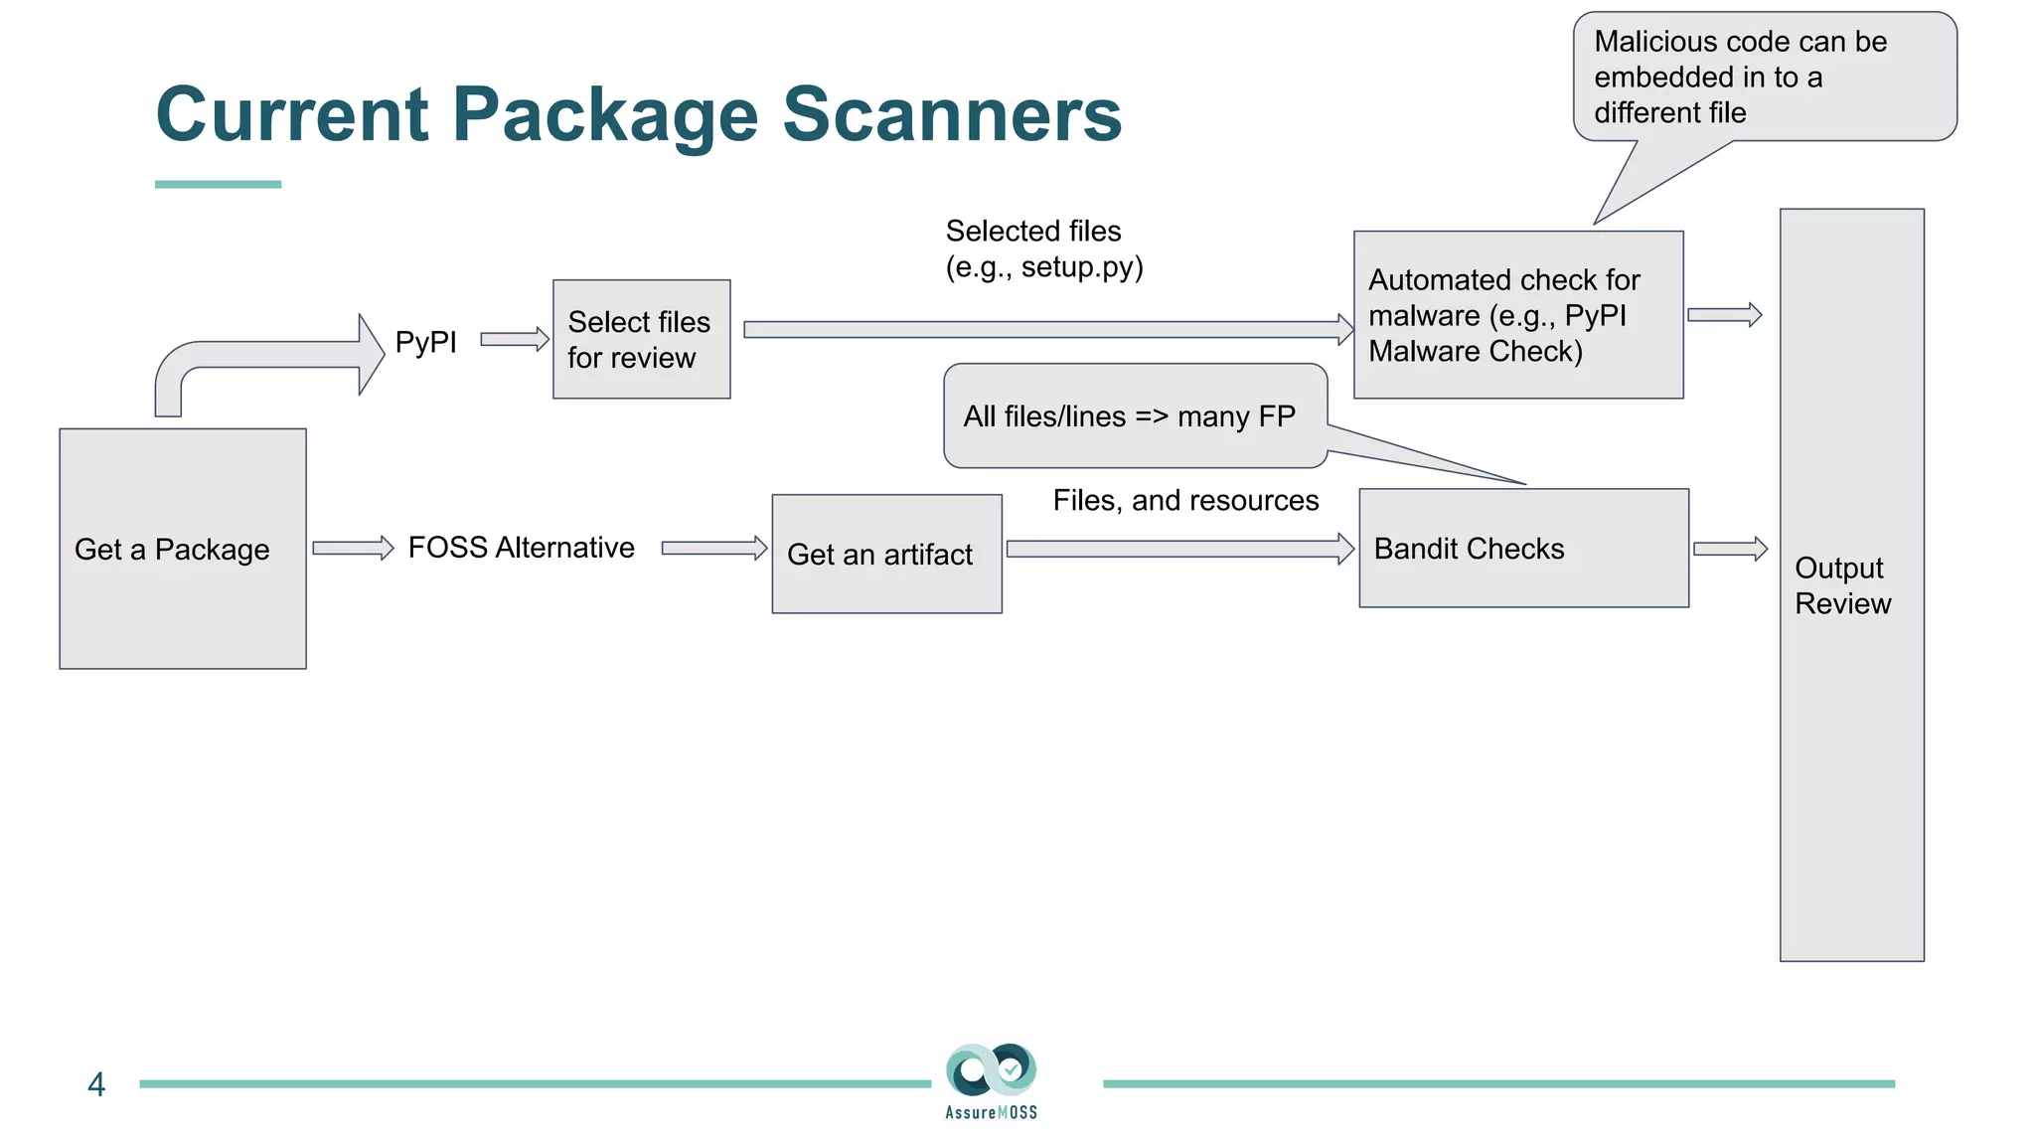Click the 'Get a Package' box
coord(183,549)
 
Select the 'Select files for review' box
coord(641,339)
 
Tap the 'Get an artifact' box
coord(886,554)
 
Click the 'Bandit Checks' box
coord(1522,548)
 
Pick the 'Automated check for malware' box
coord(1517,315)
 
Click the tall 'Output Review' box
coord(1851,584)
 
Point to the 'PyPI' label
coord(425,342)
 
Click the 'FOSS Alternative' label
coord(521,548)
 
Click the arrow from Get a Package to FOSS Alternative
coord(353,548)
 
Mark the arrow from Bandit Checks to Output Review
coord(1730,549)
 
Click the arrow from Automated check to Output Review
coord(1724,315)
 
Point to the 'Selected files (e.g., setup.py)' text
coord(1043,248)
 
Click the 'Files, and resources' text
coord(1185,500)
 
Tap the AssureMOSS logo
coord(991,1080)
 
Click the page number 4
coord(96,1084)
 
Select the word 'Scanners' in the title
coord(952,114)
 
